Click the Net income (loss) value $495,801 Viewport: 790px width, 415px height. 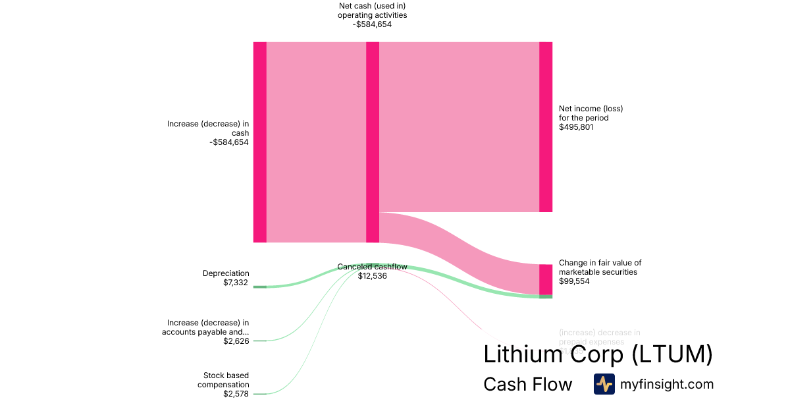(576, 127)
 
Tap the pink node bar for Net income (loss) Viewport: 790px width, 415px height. (546, 126)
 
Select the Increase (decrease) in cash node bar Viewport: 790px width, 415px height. (260, 142)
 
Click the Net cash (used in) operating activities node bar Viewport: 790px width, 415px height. (373, 142)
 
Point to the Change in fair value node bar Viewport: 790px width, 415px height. (546, 279)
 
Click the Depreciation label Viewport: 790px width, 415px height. (226, 273)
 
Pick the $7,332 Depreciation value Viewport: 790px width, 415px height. (236, 282)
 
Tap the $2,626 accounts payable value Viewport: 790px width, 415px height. (236, 341)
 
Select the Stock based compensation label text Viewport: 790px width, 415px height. (223, 380)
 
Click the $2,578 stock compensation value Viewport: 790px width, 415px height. (236, 394)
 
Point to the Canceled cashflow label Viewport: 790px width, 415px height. (372, 267)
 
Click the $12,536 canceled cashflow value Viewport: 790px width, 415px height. (372, 276)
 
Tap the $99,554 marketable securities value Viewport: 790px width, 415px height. (574, 281)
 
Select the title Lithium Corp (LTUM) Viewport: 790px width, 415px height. (598, 354)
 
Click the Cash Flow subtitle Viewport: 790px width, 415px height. (527, 384)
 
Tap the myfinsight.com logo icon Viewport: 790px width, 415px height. (604, 384)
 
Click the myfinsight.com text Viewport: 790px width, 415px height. (667, 384)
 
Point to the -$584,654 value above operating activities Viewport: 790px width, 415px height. (372, 25)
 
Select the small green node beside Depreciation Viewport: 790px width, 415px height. (260, 287)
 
